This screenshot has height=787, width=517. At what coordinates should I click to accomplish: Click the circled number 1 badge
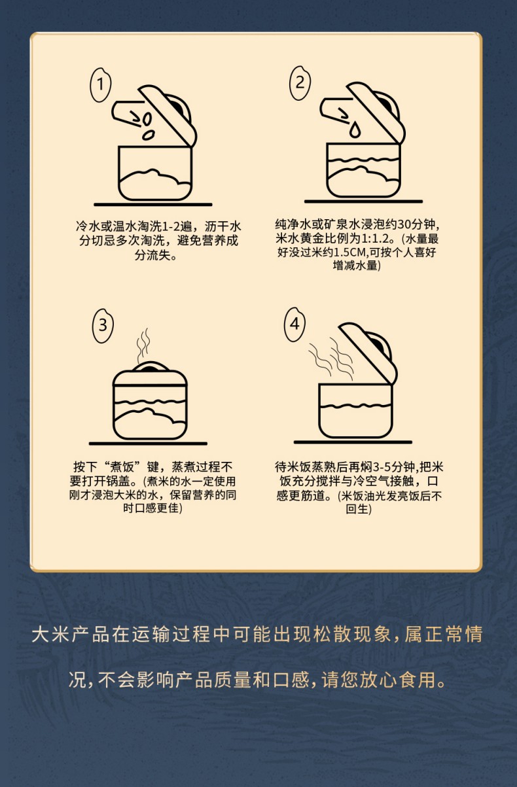coord(101,84)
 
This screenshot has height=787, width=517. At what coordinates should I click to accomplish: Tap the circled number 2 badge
coord(300,83)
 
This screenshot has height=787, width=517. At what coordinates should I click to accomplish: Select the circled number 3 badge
coord(103,325)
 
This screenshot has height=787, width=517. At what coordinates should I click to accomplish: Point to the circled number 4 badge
coord(294,324)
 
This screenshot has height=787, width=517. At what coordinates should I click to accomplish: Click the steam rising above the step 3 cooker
coord(143,345)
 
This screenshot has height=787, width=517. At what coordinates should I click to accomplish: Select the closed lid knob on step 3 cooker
coord(151,367)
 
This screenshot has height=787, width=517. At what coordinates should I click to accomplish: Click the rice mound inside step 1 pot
coord(154,183)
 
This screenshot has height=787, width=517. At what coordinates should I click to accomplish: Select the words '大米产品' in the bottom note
coord(71,635)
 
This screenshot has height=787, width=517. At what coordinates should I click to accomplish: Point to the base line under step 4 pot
coord(353,442)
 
